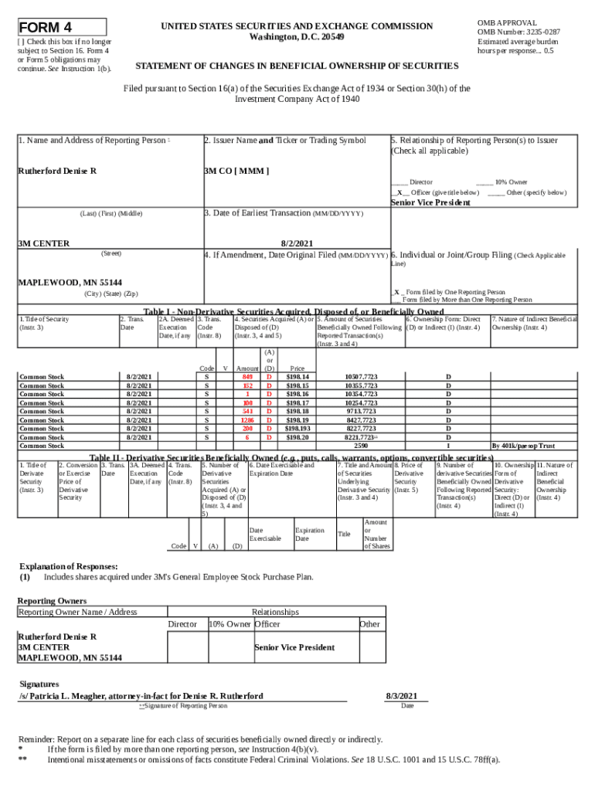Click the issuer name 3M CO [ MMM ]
(236, 170)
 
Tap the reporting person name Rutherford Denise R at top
(57, 170)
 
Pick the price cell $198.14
(297, 377)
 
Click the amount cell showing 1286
(247, 420)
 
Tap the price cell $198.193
(297, 429)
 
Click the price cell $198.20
(297, 437)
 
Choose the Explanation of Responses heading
(69, 566)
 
